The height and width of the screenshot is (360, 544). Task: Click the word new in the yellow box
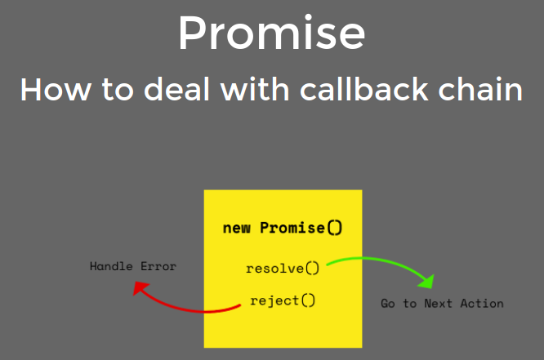click(236, 228)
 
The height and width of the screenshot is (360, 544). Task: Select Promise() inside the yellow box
click(301, 228)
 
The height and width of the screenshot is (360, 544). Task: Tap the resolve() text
click(283, 268)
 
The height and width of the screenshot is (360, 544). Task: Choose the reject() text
click(283, 300)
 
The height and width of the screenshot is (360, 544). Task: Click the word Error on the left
click(158, 266)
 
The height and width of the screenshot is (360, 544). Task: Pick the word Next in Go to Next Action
click(443, 304)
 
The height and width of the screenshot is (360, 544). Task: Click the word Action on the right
click(484, 304)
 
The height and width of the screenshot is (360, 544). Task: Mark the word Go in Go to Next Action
click(388, 304)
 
